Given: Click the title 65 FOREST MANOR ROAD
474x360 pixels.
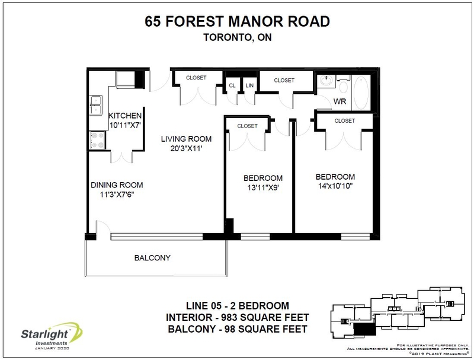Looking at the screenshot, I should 237,22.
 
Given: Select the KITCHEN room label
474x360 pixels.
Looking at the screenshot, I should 124,115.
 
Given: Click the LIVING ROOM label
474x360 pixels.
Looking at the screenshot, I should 187,139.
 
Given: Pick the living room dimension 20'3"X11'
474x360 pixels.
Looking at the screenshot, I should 187,149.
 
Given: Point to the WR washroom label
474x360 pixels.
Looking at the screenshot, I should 340,101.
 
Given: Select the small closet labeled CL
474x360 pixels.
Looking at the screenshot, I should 232,85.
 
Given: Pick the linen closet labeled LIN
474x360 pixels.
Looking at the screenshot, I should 249,85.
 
